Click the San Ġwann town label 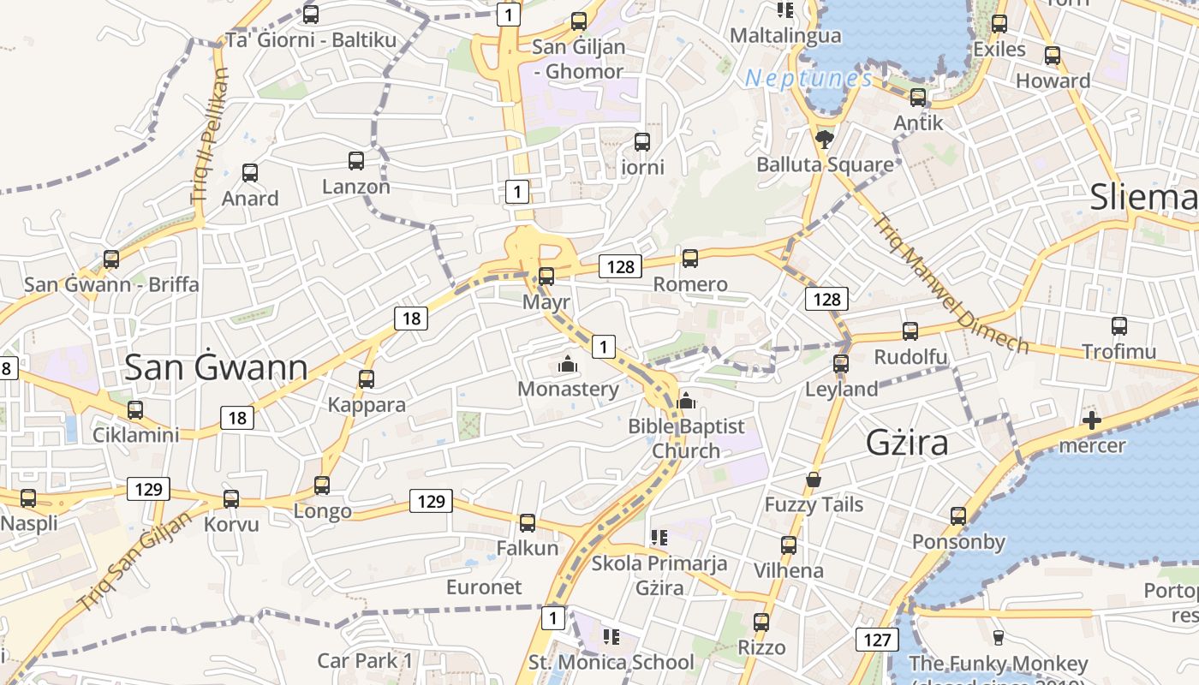click(216, 367)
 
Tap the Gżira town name click(907, 443)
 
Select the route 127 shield click(876, 639)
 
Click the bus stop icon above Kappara click(367, 378)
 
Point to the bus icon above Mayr click(546, 276)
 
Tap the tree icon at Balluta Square click(825, 138)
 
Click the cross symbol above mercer click(1091, 420)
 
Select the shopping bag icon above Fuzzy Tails click(813, 479)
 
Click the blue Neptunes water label click(808, 79)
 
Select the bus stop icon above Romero click(690, 258)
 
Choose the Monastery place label click(568, 390)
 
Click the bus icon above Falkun click(528, 522)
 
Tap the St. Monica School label click(611, 662)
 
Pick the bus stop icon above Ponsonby click(957, 516)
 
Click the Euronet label click(484, 587)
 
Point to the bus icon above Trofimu click(1118, 326)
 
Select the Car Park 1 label click(365, 661)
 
